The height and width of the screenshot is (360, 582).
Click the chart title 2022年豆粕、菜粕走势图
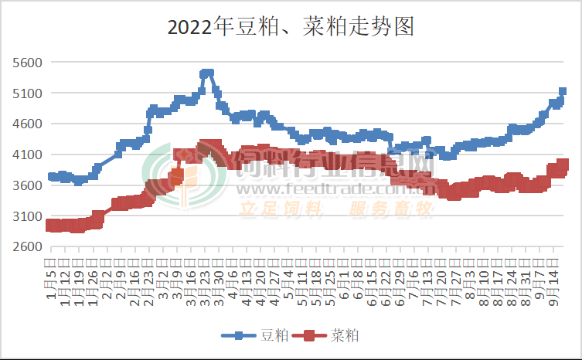pyautogui.click(x=291, y=28)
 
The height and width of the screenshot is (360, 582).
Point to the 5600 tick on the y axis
pyautogui.click(x=29, y=62)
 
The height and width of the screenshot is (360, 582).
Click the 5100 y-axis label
pyautogui.click(x=29, y=93)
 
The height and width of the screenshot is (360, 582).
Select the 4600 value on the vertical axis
pyautogui.click(x=29, y=124)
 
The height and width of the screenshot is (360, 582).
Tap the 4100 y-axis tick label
pyautogui.click(x=29, y=155)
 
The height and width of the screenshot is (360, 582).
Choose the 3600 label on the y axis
pyautogui.click(x=29, y=185)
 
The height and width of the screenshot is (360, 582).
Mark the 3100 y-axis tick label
pyautogui.click(x=29, y=216)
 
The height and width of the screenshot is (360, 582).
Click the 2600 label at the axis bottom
pyautogui.click(x=29, y=247)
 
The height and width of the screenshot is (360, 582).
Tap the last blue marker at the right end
pyautogui.click(x=562, y=91)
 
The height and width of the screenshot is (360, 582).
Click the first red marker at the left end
pyautogui.click(x=52, y=225)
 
